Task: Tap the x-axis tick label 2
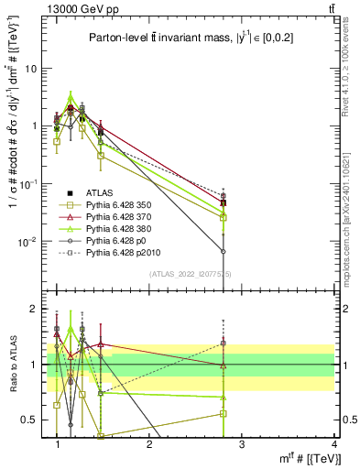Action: point(149,443)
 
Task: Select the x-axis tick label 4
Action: point(333,443)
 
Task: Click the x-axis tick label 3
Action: point(241,443)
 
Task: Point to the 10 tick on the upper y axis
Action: point(32,69)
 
